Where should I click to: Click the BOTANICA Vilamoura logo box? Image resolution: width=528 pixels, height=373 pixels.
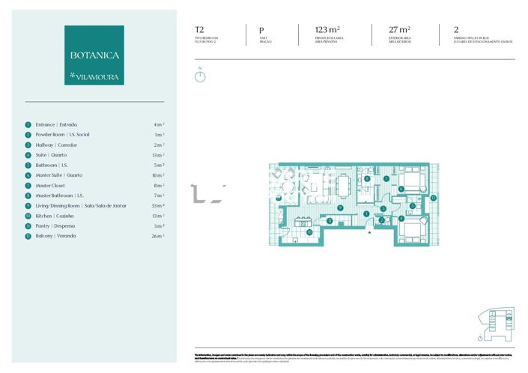tap(94, 55)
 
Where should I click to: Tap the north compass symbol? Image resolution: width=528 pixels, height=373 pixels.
tap(199, 76)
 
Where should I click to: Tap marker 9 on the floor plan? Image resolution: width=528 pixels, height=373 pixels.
tap(340, 207)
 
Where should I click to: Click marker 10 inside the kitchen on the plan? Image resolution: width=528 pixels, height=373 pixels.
tap(309, 232)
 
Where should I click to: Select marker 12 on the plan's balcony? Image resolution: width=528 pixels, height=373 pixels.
tap(434, 198)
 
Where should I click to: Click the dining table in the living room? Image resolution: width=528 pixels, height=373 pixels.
tap(345, 184)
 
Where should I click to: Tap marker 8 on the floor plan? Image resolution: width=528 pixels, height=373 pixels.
tap(366, 179)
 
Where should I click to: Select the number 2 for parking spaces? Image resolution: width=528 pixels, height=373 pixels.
tap(456, 31)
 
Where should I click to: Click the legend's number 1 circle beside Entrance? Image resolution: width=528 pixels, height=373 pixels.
tap(28, 124)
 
